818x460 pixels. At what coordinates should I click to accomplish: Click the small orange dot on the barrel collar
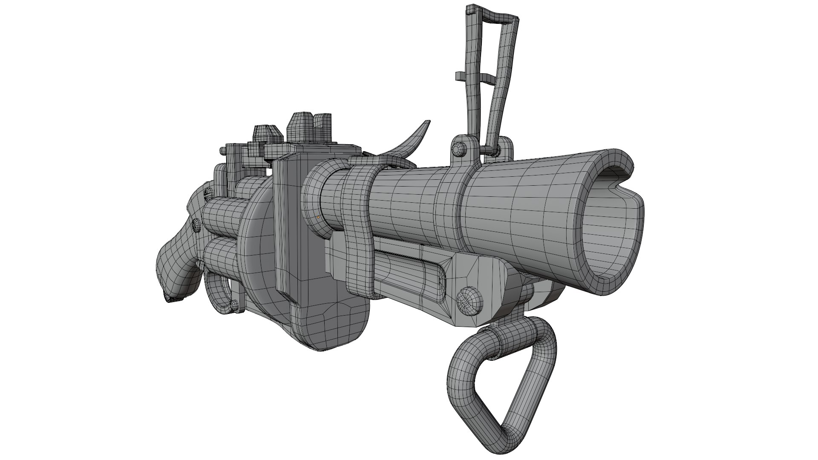tap(318, 217)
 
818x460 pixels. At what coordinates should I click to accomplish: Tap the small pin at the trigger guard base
tap(233, 305)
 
